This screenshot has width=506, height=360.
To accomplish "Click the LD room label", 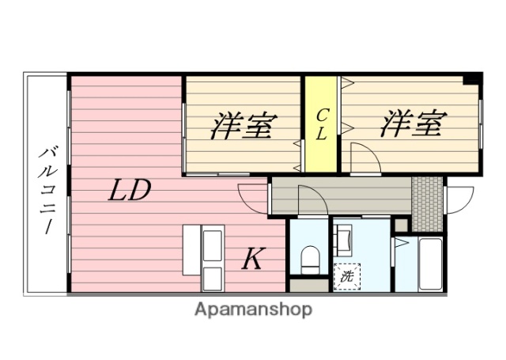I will click(130, 191).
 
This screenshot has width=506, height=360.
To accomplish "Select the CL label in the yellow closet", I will click(321, 125).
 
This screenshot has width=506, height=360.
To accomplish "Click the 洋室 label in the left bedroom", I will click(243, 126).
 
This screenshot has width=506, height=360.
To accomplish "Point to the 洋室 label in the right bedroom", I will click(412, 124).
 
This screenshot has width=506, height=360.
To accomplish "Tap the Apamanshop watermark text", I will click(254, 309).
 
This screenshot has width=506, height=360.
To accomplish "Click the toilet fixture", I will click(310, 257).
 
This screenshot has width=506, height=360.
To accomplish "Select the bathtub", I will click(430, 263).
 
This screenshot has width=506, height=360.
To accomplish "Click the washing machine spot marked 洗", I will click(346, 276).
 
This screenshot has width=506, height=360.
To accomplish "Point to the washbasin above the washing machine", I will click(346, 237).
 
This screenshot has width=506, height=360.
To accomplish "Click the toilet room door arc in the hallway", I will click(311, 201).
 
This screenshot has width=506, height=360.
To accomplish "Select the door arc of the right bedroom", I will click(365, 158).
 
